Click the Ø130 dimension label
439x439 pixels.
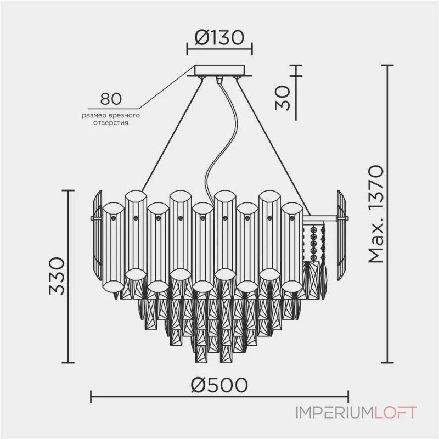(x=219, y=38)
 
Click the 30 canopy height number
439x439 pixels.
(x=283, y=97)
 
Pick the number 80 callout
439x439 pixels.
(x=111, y=99)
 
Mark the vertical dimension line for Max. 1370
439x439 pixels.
(x=389, y=215)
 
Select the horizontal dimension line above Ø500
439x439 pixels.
(x=219, y=396)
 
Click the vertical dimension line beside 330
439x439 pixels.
(x=69, y=277)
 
